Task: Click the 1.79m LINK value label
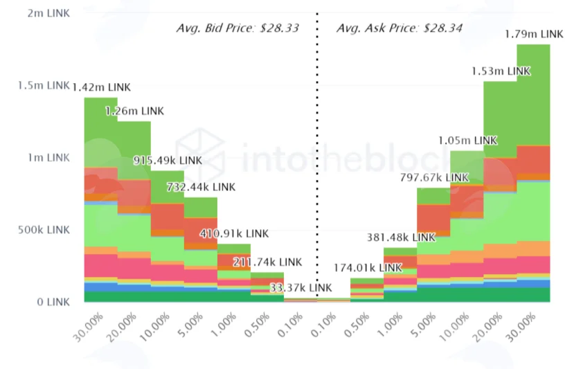tap(534, 34)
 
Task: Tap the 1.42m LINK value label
tap(102, 87)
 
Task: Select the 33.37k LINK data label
tap(301, 287)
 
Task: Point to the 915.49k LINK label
tap(168, 161)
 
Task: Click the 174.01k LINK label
tap(368, 268)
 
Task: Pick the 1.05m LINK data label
tap(467, 141)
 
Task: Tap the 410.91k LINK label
tap(234, 233)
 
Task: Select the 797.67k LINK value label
tap(434, 178)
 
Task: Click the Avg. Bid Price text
tap(237, 28)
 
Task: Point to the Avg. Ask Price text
tap(400, 28)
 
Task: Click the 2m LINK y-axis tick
tap(48, 13)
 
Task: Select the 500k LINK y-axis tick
tap(44, 230)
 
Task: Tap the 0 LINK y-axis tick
tap(53, 302)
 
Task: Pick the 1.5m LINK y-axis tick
tap(44, 85)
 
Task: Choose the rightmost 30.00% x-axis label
tap(521, 327)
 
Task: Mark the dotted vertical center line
tap(317, 155)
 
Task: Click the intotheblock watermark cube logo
tap(200, 156)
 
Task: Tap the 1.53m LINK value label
tap(501, 71)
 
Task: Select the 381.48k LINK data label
tap(401, 237)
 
